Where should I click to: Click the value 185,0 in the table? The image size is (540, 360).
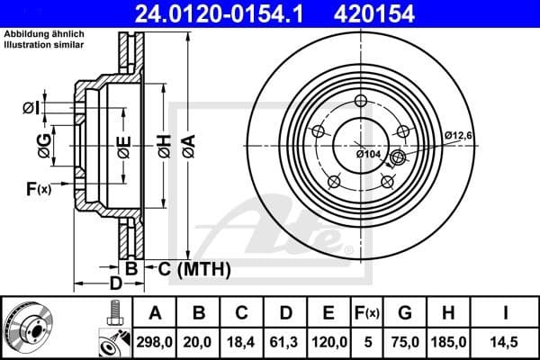(x=447, y=342)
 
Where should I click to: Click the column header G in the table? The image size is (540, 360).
(x=404, y=312)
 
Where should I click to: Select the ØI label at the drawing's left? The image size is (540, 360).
(x=31, y=109)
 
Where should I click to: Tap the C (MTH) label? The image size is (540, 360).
(x=195, y=269)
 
